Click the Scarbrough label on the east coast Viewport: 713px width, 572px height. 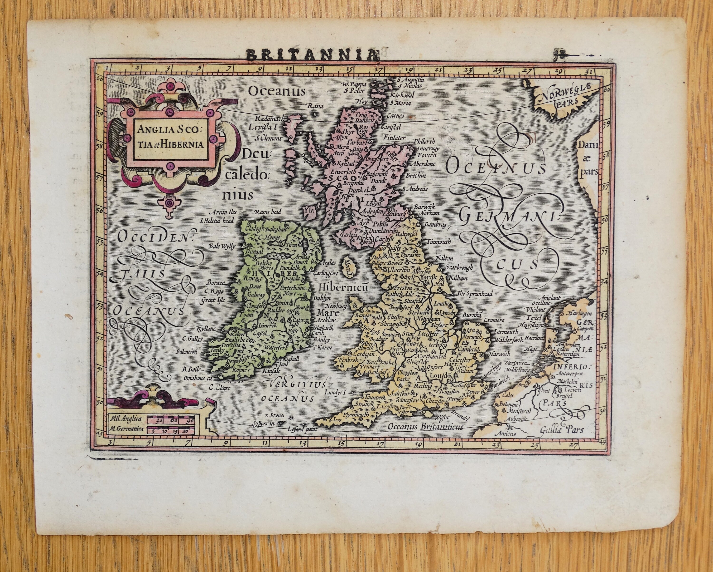(459, 267)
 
